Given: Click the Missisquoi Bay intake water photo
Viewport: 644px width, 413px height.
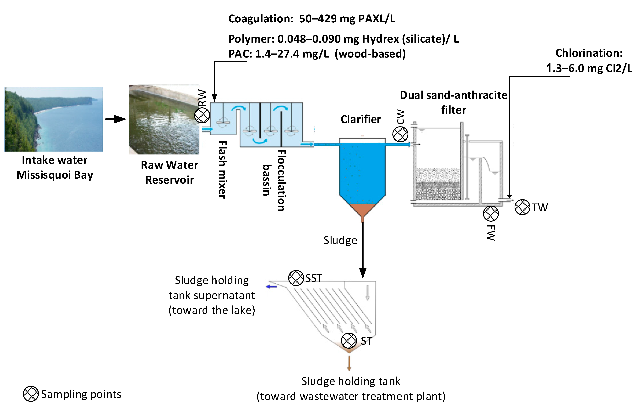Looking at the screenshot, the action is click(x=54, y=119).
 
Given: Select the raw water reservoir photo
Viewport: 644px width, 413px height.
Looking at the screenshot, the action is click(x=164, y=120).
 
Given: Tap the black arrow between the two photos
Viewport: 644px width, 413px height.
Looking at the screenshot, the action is click(x=116, y=119).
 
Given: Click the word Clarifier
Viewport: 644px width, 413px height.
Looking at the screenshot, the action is click(x=361, y=119).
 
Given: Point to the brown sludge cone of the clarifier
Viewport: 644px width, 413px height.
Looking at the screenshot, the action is click(x=362, y=210).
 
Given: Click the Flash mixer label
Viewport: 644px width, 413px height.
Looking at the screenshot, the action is click(x=223, y=170).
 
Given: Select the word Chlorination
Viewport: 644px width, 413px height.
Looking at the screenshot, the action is click(x=589, y=53).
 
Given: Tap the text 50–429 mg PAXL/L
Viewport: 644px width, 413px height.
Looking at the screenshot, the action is click(x=347, y=19).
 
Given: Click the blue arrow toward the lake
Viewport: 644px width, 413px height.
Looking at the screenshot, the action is click(x=271, y=287).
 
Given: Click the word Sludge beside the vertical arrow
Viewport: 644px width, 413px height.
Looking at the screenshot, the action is click(x=340, y=241).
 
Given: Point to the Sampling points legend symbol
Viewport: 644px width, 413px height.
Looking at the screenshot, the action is click(x=31, y=394).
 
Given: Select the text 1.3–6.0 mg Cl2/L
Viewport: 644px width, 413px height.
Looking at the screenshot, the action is click(x=589, y=68).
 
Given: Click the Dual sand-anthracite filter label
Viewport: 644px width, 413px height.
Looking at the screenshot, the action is click(x=453, y=103).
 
